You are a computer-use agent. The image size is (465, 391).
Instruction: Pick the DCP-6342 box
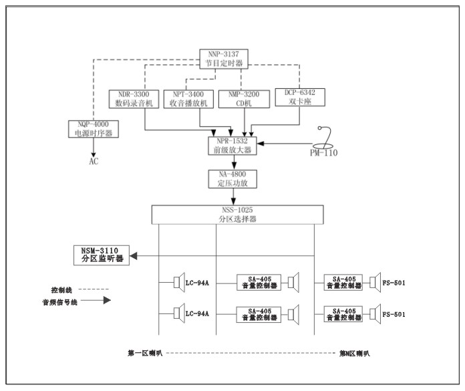[299, 99]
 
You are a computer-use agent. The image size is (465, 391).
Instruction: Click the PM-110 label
[323, 152]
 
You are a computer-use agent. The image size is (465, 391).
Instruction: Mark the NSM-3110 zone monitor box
[102, 255]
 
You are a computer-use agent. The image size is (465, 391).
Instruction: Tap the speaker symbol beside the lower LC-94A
[178, 313]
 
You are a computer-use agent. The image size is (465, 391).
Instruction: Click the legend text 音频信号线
[57, 302]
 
